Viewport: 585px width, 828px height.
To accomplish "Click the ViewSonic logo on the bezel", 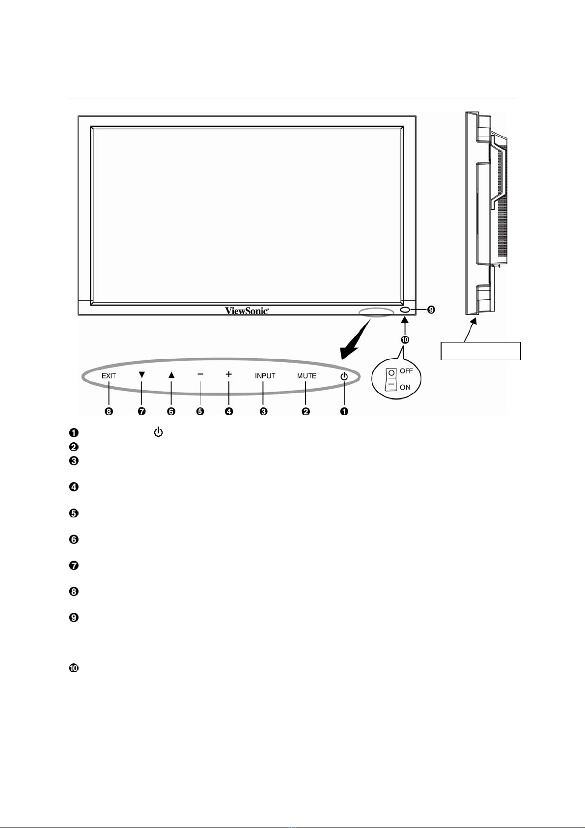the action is click(247, 310).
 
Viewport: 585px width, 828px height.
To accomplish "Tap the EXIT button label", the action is click(109, 376).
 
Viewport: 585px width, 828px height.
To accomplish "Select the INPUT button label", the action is click(265, 376).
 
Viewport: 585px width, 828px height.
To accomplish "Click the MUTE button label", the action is click(306, 376).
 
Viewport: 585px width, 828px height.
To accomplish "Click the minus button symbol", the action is click(200, 374).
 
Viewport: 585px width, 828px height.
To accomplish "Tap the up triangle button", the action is click(171, 375).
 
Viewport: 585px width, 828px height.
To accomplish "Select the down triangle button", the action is click(142, 375).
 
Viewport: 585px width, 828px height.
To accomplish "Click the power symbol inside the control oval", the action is click(344, 376).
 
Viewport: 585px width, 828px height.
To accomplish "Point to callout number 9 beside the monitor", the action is click(431, 310).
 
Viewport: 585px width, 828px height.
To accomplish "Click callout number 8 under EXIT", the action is click(109, 411).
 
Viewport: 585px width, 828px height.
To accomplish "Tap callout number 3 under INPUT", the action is click(263, 411).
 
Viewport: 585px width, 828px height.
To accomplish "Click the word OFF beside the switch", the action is click(406, 371).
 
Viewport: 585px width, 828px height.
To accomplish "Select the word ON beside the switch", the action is click(405, 387).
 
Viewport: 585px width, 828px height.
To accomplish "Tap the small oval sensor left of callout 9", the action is click(405, 310).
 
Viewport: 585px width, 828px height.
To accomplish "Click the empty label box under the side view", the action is click(481, 351).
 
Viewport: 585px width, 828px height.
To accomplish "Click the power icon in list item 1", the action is click(159, 432).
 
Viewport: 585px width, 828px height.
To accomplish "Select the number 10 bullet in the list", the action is click(74, 668).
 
